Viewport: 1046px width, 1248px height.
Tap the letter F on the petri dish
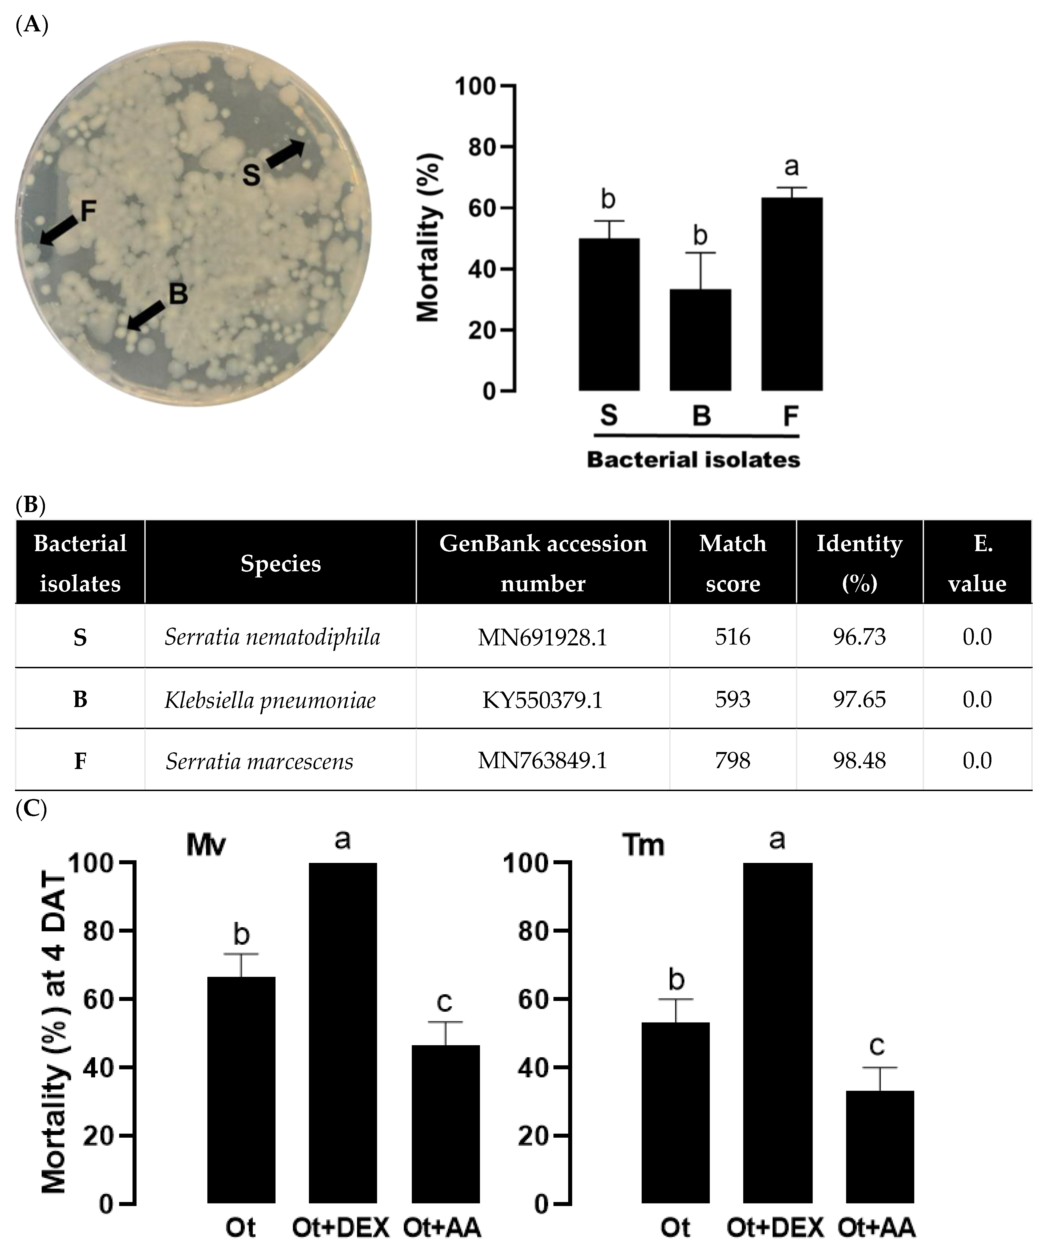(88, 211)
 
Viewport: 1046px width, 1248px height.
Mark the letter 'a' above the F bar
(791, 167)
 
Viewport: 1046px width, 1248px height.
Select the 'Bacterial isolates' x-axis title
(693, 459)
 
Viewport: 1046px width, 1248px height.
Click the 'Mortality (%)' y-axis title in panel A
(428, 238)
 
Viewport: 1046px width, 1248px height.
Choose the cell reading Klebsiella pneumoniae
(270, 700)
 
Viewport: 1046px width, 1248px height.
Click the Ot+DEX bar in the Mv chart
(343, 1034)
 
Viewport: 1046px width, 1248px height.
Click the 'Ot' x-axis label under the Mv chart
(241, 1227)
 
